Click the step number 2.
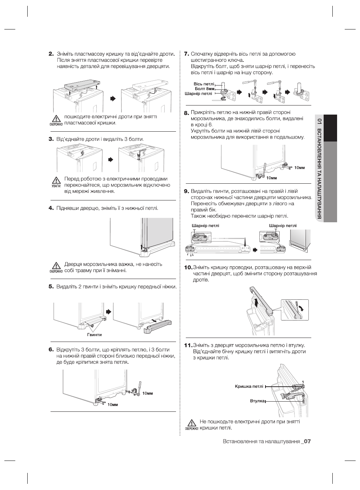tap(51, 54)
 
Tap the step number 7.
tap(187, 54)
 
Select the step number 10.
tap(188, 267)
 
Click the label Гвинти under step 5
tap(94, 334)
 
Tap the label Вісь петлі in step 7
tap(204, 84)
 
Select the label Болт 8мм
tap(204, 89)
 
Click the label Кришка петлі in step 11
tap(249, 386)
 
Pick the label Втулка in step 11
tap(257, 401)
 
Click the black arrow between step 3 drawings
tap(111, 159)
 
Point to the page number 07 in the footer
tap(307, 442)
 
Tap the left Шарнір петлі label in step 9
tap(205, 226)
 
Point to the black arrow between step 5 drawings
tap(108, 312)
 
